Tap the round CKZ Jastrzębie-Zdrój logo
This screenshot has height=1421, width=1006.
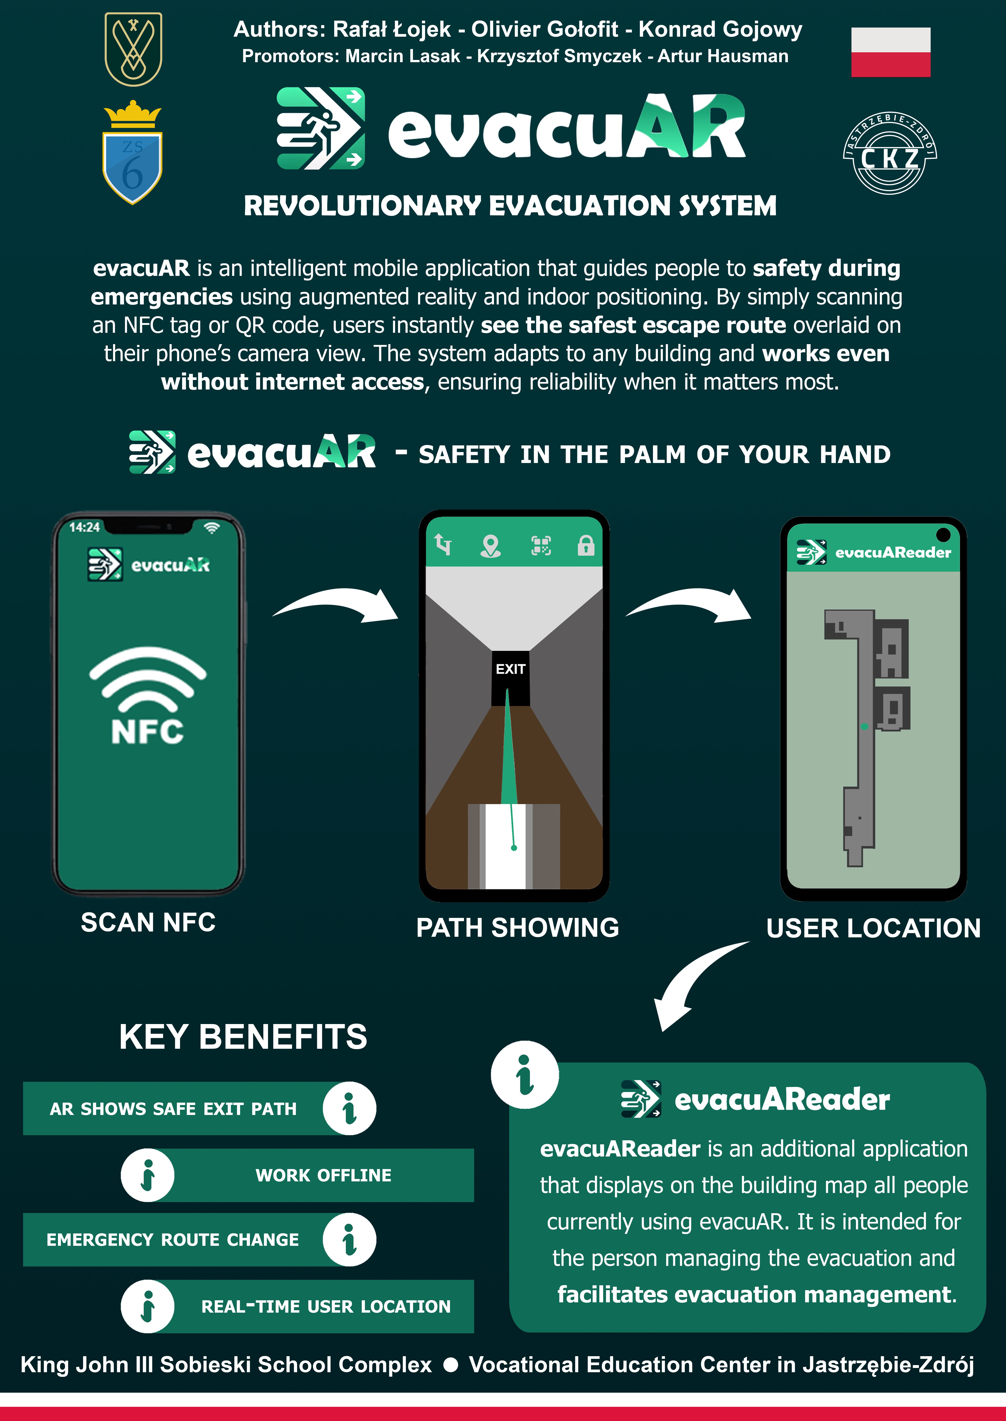point(890,153)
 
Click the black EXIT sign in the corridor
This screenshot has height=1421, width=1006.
point(510,678)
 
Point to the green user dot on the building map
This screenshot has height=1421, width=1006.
point(864,726)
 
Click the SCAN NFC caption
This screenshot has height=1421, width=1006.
point(148,922)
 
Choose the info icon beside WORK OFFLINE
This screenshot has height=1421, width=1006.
point(147,1175)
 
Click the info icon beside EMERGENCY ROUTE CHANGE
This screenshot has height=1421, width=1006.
point(349,1240)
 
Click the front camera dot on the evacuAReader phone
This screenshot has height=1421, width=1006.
point(943,534)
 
